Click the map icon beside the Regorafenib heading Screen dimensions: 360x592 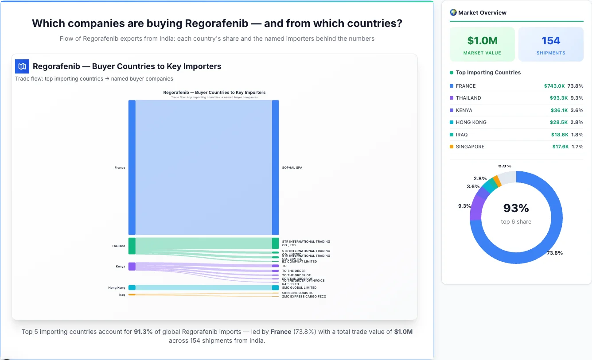[x=22, y=66]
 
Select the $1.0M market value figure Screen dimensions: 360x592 [x=482, y=41]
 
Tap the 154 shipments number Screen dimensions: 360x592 [x=551, y=41]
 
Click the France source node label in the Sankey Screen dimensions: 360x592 [x=120, y=168]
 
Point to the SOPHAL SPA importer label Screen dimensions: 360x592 [x=292, y=168]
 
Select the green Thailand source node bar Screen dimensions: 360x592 [x=132, y=246]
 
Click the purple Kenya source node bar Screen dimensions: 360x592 [x=132, y=266]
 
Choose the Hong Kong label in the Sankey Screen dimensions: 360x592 [x=117, y=288]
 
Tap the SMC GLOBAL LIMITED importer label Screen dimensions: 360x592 [x=299, y=288]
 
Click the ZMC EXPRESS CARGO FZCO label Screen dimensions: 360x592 [x=304, y=296]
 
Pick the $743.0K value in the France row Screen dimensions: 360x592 [x=554, y=86]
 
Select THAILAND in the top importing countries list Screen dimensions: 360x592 [x=468, y=98]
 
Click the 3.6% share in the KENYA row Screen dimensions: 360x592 [x=577, y=110]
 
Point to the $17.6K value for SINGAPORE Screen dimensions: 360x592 [x=560, y=147]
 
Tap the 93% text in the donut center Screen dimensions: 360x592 [x=516, y=208]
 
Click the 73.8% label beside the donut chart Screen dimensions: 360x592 [x=554, y=253]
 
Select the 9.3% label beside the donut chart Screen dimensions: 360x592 [x=464, y=206]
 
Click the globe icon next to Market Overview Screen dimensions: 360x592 [x=453, y=12]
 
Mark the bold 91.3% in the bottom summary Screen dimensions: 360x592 [x=143, y=332]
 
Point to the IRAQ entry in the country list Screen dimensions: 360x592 [x=462, y=135]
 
